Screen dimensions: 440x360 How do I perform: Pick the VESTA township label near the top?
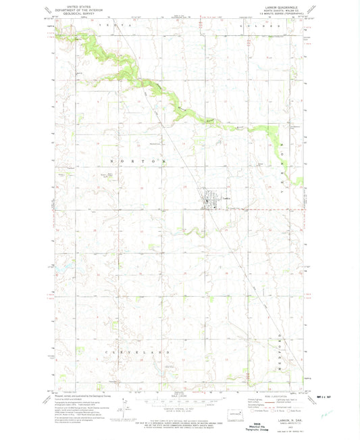[x=109, y=24]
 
